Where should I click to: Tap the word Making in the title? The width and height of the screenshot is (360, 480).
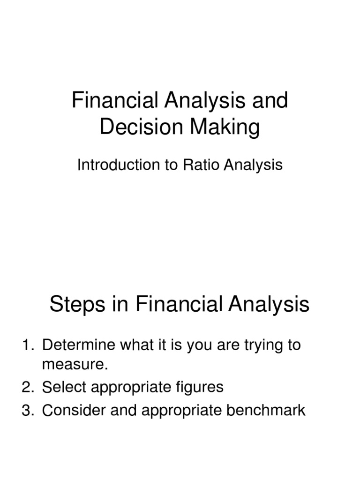[x=225, y=127]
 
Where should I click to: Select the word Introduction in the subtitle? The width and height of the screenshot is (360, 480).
[x=119, y=165]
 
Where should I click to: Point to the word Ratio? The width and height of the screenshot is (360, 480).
[x=202, y=165]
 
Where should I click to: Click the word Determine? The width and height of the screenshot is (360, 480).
[x=79, y=345]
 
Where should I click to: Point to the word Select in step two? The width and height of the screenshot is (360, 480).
[x=64, y=387]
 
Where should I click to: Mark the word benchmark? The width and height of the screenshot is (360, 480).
[x=266, y=410]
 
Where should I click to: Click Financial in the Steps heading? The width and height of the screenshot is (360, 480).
[x=179, y=304]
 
